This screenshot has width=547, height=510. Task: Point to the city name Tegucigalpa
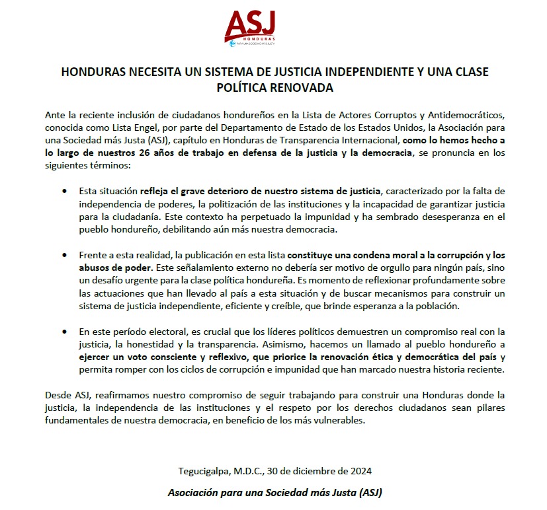tap(206, 471)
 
